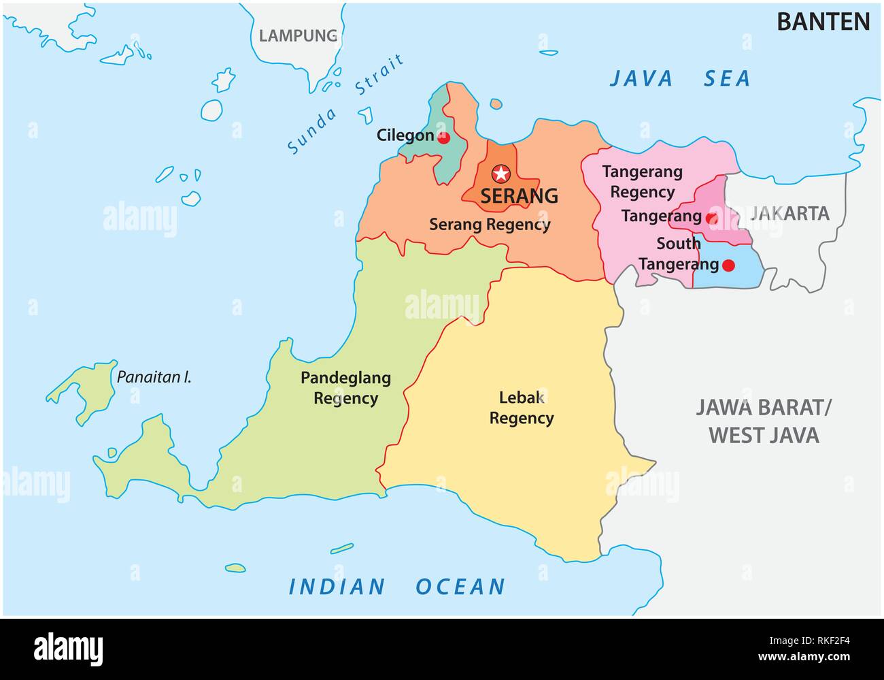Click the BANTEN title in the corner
(823, 22)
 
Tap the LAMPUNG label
(299, 35)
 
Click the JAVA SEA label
(679, 79)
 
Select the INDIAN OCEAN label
(397, 586)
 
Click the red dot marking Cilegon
(443, 138)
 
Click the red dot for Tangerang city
(711, 218)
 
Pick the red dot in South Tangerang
(728, 265)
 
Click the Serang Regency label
(490, 224)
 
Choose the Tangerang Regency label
(642, 182)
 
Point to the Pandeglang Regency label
(345, 388)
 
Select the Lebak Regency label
(522, 408)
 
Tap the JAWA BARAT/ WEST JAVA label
(764, 421)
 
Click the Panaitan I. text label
(154, 376)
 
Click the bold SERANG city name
(519, 196)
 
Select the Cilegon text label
(405, 135)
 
